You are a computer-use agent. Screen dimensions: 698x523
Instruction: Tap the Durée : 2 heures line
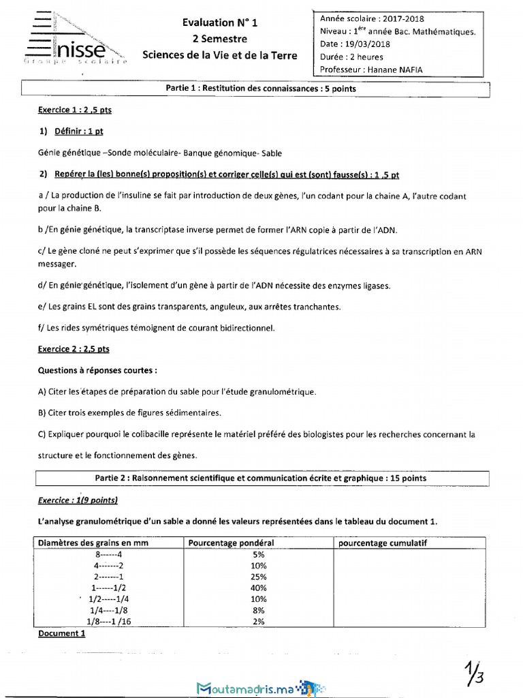coord(351,57)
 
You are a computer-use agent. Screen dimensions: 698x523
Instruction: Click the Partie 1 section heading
coord(261,89)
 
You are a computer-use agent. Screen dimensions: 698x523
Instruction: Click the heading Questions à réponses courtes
coord(97,371)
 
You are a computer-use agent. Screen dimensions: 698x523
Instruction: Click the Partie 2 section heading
coord(261,479)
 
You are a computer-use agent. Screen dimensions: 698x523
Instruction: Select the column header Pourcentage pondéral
coord(231,543)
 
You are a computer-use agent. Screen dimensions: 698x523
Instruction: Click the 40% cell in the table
coord(258,588)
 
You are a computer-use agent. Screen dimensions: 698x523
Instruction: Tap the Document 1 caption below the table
coord(61,633)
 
